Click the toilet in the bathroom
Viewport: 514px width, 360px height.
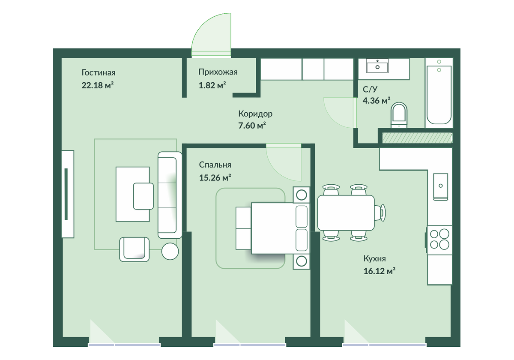399,115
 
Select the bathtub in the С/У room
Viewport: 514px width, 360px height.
439,93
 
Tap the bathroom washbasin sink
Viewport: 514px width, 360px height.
377,66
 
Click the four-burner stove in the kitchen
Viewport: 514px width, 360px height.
439,240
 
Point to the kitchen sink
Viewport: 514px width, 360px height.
441,186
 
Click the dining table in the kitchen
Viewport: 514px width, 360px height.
346,213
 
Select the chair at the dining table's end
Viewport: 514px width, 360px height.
380,213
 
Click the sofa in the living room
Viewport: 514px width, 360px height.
170,195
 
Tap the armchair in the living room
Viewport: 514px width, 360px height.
134,249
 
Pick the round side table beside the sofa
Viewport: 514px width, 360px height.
170,252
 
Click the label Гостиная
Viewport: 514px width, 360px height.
99,73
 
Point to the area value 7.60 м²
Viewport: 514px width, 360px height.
252,126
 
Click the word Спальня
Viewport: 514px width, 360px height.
215,165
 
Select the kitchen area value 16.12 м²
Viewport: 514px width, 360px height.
380,271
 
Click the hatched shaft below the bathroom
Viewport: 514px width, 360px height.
417,138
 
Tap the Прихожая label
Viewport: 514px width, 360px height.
218,72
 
